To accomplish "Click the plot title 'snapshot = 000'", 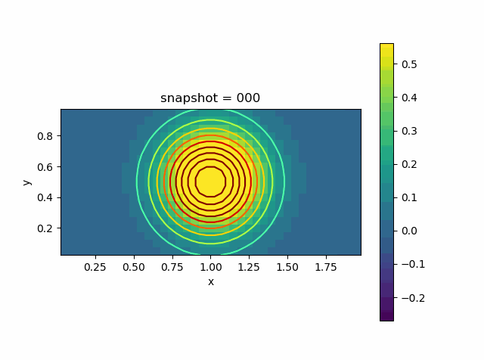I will [210, 98].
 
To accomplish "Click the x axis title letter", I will [210, 282].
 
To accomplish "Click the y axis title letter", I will [26, 182].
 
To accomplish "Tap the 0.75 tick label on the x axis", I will [172, 267].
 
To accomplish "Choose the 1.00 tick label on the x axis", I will [210, 267].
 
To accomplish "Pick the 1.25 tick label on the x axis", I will [249, 267].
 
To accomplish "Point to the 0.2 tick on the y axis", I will [46, 228].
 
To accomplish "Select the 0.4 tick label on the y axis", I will [46, 197].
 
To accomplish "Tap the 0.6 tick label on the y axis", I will [46, 166].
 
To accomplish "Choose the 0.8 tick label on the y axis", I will [46, 136].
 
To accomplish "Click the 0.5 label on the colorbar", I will [409, 64].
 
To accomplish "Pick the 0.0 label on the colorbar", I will [409, 231].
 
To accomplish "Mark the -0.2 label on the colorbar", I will [406, 297].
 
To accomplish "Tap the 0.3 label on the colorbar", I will [409, 131].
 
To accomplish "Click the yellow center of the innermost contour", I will [210, 182].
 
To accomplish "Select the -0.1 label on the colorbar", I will [406, 264].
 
